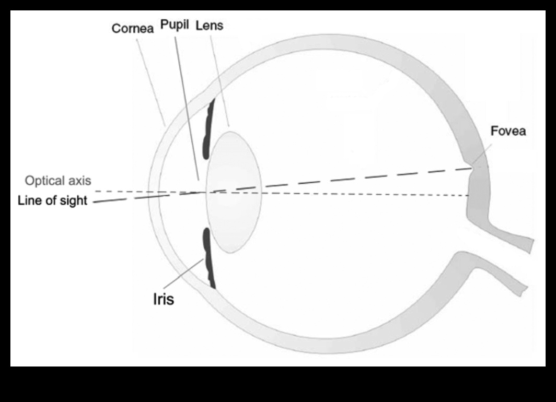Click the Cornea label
pos(132,28)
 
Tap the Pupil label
pos(175,25)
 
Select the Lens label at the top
pos(209,25)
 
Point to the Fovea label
pos(508,131)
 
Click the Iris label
pos(163,300)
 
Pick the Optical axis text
pos(58,181)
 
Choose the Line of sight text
pos(52,200)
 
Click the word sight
pos(72,200)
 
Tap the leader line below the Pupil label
pos(186,104)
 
